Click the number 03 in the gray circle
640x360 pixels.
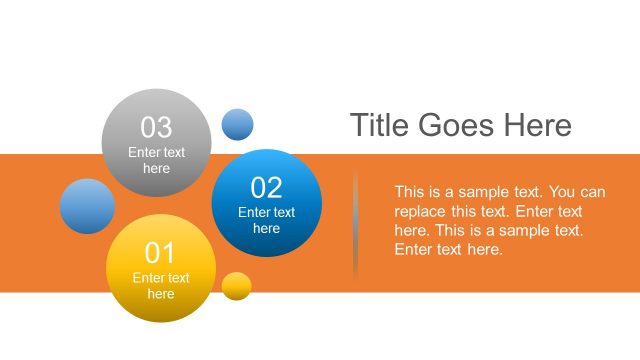(156, 127)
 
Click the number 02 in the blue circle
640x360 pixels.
(266, 187)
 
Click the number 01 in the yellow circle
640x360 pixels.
(160, 252)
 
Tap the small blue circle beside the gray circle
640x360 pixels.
(237, 125)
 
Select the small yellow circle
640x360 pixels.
(236, 286)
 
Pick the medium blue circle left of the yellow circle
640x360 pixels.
(87, 206)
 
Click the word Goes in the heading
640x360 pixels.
(459, 126)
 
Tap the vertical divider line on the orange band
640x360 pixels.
(355, 225)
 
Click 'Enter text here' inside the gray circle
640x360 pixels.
(156, 161)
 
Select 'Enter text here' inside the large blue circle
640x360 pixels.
(266, 220)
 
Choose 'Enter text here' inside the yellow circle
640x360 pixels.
(160, 286)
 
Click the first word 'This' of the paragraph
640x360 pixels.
(410, 192)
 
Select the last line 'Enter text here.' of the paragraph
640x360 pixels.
(448, 250)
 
